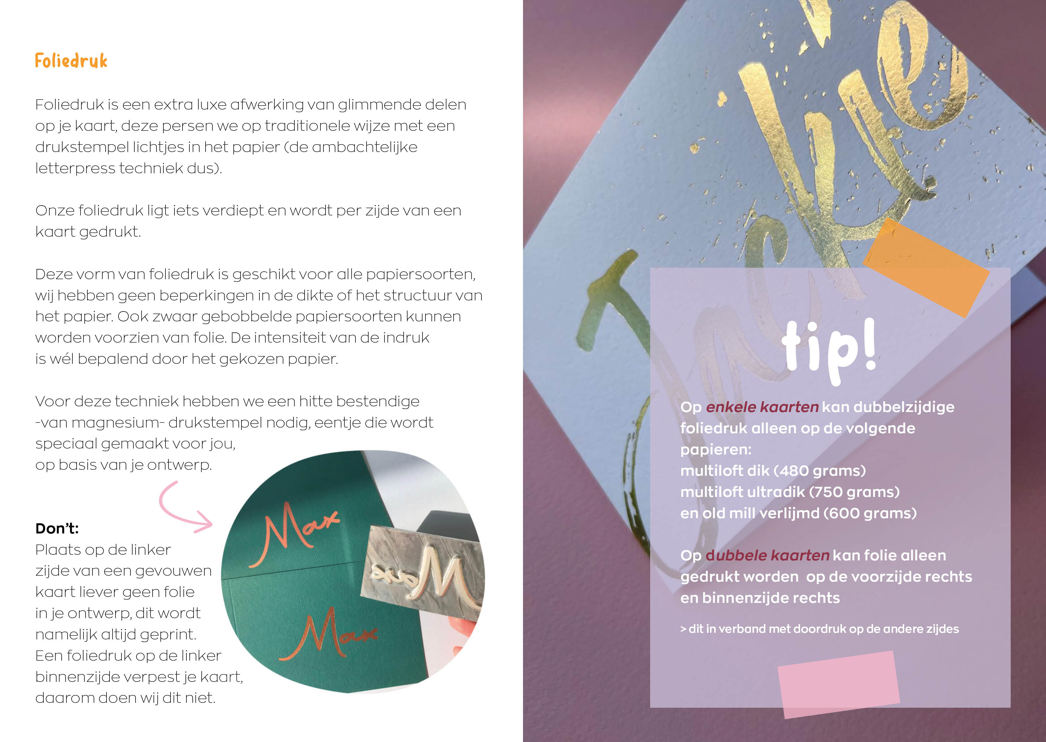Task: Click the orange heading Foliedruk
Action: click(x=71, y=61)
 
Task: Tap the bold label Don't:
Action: click(x=57, y=529)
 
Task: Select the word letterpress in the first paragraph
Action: click(x=75, y=168)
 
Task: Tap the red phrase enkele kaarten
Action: click(x=762, y=407)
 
